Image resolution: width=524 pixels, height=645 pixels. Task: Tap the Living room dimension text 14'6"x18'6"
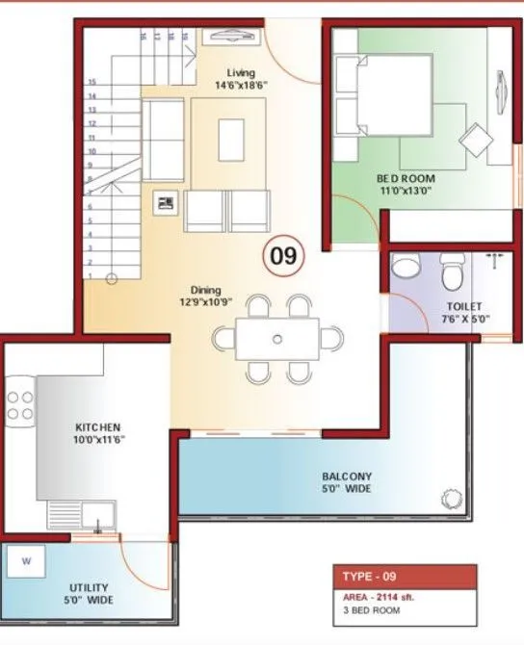[241, 86]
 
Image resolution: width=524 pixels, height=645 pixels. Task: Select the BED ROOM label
[406, 179]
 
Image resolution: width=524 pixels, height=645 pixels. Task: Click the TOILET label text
[462, 306]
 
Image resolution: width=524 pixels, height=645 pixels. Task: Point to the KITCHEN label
[98, 426]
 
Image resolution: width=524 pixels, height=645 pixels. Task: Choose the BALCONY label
[347, 477]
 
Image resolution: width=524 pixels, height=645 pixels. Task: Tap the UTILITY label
[89, 587]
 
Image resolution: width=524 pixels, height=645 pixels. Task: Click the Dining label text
[205, 290]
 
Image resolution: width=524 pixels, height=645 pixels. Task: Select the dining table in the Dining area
[277, 339]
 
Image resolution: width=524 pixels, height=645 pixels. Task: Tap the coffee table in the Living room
[231, 139]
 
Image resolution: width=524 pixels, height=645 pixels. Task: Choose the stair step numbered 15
[92, 83]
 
